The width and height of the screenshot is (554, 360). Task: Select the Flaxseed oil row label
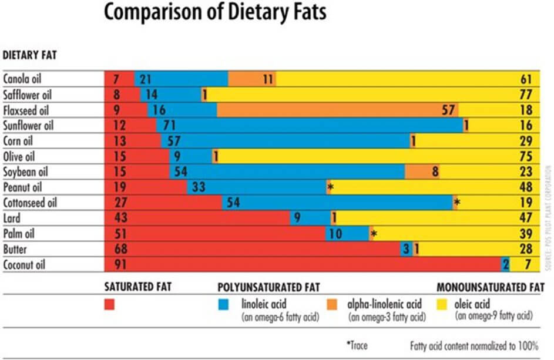(x=26, y=110)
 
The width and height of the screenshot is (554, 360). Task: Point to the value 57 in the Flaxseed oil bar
(x=449, y=110)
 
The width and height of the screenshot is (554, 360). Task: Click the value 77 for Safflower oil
(x=526, y=95)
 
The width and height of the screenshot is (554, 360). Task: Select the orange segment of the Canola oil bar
(x=251, y=79)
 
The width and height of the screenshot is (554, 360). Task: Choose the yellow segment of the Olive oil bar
(x=364, y=156)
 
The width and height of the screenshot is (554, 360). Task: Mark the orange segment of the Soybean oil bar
(x=421, y=171)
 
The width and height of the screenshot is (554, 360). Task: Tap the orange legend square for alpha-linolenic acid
(x=333, y=305)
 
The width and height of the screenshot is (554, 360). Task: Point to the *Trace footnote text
(x=357, y=345)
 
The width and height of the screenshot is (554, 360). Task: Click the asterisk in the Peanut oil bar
(x=331, y=187)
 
